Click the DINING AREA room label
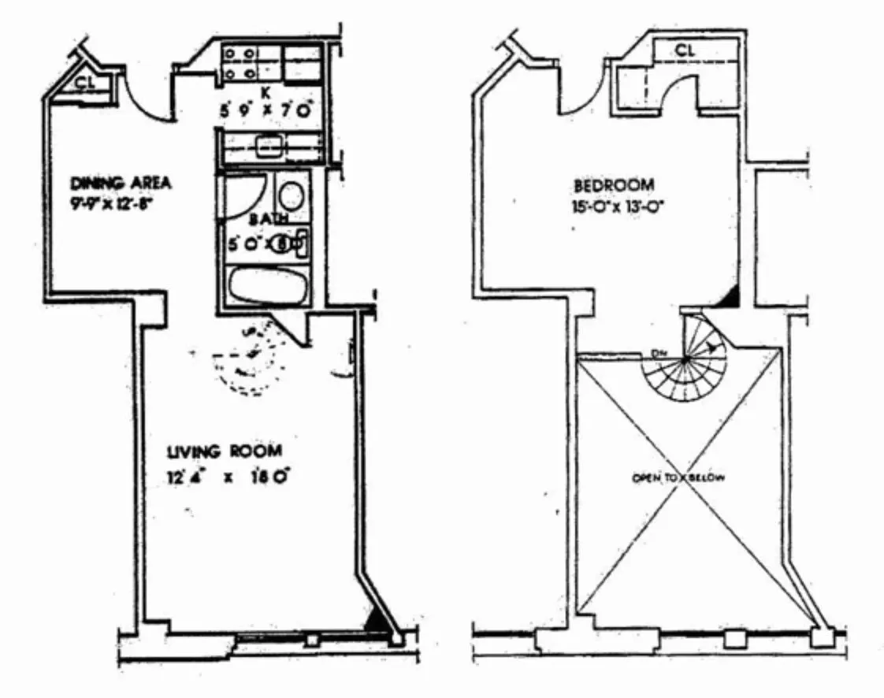pyautogui.click(x=121, y=184)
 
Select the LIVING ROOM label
pyautogui.click(x=225, y=451)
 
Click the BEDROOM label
pyautogui.click(x=614, y=186)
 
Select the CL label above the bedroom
pyautogui.click(x=685, y=50)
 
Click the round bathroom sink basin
pyautogui.click(x=292, y=195)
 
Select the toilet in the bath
pyautogui.click(x=293, y=243)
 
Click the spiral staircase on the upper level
pyautogui.click(x=687, y=362)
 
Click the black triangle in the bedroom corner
pyautogui.click(x=731, y=297)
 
